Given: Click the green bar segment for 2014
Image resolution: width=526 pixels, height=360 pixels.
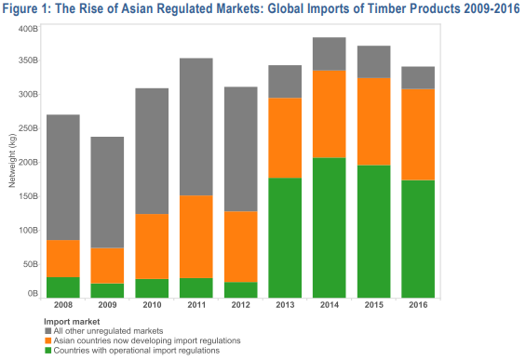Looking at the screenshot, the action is point(329,228).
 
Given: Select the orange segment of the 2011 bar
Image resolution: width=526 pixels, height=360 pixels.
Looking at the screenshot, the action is point(196,236).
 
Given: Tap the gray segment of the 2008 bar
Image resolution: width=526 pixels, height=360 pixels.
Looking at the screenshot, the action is point(63,178).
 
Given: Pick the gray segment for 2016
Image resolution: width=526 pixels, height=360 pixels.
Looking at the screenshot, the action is point(418,78).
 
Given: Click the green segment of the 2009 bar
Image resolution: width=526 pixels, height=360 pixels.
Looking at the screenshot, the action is point(107,290).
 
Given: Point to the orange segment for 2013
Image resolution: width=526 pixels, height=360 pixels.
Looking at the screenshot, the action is point(285,138).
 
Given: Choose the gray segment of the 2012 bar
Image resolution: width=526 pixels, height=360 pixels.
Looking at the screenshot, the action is point(240,149).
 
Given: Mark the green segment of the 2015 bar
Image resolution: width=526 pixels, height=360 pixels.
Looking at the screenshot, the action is point(373,232).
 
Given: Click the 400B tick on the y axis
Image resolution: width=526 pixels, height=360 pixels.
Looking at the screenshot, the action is point(28,29).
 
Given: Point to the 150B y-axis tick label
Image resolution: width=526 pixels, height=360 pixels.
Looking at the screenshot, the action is point(28,196).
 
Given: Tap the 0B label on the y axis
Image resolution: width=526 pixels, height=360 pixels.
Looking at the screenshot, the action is point(33,294).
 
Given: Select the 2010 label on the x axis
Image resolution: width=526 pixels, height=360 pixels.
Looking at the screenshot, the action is point(152,305).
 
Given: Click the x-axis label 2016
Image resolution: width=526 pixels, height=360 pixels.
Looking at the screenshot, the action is point(418,305).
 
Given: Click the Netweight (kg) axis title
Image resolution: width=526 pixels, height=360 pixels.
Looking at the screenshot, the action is point(12,161).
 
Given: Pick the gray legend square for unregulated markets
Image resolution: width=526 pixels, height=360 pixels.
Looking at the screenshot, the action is point(48,331).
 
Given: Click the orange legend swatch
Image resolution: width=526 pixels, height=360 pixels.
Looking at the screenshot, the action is point(48,340).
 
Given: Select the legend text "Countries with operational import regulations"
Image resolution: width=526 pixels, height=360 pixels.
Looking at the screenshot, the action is point(137,351).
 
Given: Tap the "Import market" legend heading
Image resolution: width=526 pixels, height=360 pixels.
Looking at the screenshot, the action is point(72,322).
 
